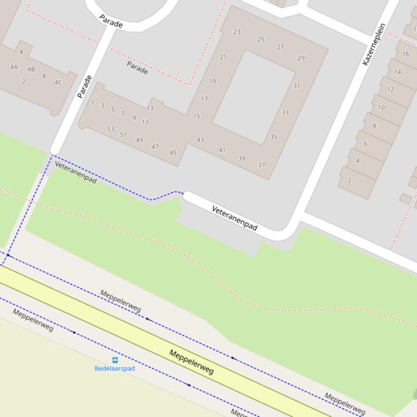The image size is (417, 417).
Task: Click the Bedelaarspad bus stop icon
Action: (115, 360)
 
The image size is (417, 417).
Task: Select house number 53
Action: (111, 129)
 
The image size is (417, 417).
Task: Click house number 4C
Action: (58, 83)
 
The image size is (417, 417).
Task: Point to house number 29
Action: (301, 58)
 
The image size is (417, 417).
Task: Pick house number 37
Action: (261, 165)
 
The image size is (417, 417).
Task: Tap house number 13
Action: (150, 108)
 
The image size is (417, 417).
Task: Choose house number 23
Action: (236, 32)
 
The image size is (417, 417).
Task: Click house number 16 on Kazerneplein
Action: (406, 54)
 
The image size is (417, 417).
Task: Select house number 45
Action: (173, 153)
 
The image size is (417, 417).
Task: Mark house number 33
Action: (285, 113)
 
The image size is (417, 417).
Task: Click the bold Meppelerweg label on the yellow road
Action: (191, 362)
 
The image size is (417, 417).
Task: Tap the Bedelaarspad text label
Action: (115, 369)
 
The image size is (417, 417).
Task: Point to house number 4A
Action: (14, 67)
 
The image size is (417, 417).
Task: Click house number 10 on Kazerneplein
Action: (381, 107)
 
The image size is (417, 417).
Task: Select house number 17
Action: (204, 99)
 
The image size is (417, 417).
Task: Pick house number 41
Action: (222, 150)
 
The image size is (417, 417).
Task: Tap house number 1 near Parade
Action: (93, 102)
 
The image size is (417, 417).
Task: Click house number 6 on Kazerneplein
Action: (365, 144)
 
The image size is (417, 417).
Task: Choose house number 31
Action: (297, 86)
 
